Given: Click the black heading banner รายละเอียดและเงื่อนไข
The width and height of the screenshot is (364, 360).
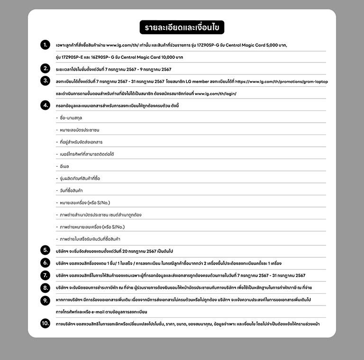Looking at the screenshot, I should click(x=182, y=27).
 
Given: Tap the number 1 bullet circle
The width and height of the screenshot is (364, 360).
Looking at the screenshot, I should click(x=45, y=45).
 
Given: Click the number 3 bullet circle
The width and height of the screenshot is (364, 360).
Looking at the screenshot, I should click(x=45, y=81).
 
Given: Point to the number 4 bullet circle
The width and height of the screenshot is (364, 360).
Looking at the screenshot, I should click(x=45, y=105).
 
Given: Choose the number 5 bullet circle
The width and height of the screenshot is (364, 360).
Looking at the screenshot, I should click(x=45, y=250).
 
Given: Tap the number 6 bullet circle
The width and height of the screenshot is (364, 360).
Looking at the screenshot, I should click(x=45, y=262).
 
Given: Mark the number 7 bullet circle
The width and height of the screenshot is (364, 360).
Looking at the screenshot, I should click(x=45, y=275).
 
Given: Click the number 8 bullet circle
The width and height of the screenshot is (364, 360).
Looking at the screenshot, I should click(x=45, y=287).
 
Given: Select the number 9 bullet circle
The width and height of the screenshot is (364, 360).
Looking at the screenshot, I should click(x=45, y=299).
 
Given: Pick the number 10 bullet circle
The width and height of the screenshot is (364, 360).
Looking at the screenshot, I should click(x=45, y=324).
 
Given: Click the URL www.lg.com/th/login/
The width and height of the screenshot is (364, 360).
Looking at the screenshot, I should click(x=215, y=93).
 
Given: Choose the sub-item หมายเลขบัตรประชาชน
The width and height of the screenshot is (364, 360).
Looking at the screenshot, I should click(x=80, y=130).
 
